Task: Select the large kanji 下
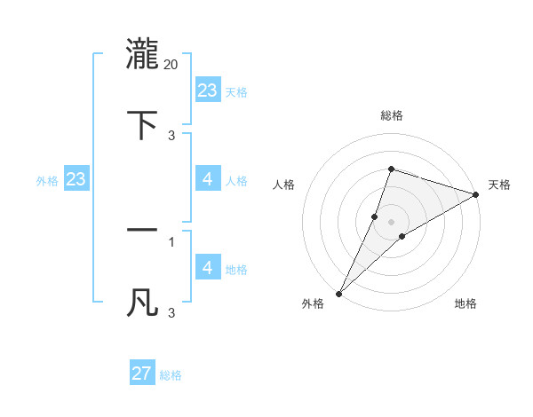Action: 142,125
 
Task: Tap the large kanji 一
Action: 142,231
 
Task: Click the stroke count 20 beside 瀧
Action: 171,65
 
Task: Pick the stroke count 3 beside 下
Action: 171,135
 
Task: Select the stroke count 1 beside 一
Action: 171,240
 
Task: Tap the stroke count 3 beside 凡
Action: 171,312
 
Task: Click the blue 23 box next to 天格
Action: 208,90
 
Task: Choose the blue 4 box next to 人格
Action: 208,179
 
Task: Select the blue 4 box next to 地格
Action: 208,268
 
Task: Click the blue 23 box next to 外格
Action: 76,179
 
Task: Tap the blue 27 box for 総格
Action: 142,374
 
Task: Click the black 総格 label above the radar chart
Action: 391,115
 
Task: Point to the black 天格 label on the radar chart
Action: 499,185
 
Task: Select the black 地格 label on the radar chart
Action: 465,303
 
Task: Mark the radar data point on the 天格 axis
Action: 476,194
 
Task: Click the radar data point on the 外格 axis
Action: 338,294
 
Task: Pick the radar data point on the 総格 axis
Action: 391,169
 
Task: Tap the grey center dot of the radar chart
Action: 391,222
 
